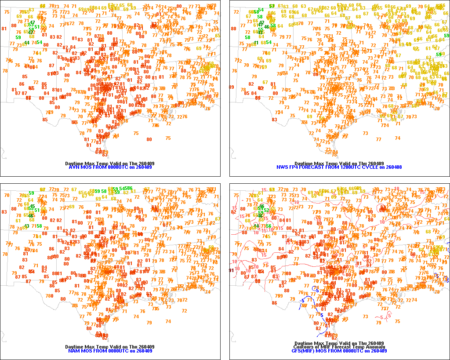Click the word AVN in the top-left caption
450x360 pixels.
[x=73, y=167]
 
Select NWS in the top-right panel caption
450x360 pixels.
[x=282, y=167]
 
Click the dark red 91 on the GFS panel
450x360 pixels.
[x=232, y=270]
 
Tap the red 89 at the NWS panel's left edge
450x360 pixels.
[x=231, y=87]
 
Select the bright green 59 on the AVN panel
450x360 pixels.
[x=18, y=37]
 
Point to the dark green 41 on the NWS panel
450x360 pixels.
[x=256, y=43]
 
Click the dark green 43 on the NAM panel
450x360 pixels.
[x=27, y=226]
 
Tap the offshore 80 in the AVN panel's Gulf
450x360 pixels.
[x=149, y=139]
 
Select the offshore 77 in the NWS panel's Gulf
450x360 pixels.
[x=379, y=139]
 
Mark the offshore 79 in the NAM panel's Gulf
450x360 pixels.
[x=149, y=323]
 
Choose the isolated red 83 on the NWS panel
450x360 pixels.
[x=275, y=119]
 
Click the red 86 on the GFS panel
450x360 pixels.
[x=274, y=303]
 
